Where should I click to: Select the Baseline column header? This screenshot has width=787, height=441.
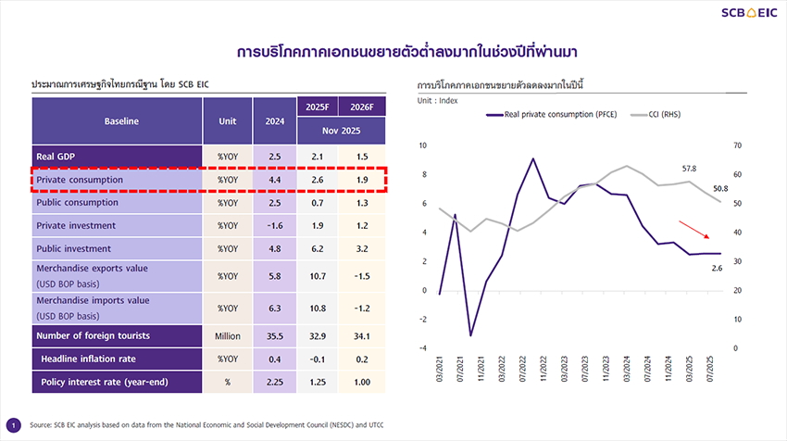121,120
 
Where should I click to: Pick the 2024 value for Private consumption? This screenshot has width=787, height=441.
274,179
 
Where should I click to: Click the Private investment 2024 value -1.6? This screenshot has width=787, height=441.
274,225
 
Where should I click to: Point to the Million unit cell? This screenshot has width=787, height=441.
228,335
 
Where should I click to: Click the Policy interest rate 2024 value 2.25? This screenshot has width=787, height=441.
274,382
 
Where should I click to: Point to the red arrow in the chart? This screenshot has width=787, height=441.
697,231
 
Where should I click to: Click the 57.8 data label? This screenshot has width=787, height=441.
689,169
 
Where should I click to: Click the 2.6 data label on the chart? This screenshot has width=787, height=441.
717,268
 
